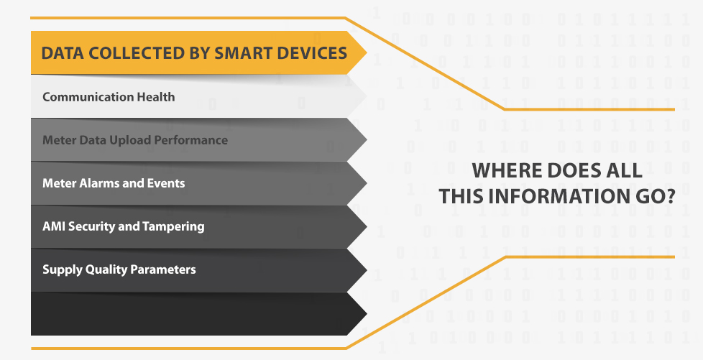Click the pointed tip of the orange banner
[367, 53]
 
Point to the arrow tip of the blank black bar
[367, 314]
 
